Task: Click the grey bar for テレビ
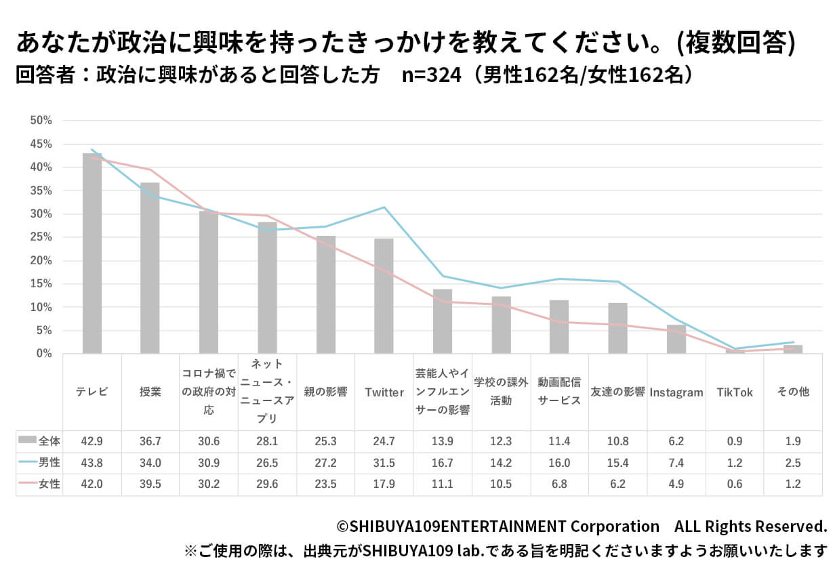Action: (x=92, y=253)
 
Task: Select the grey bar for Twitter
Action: (x=384, y=296)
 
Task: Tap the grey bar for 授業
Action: (x=150, y=268)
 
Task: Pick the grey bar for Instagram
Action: (x=676, y=339)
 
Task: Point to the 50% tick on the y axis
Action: (x=41, y=121)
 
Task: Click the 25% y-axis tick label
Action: (x=41, y=237)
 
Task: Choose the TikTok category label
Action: (x=735, y=392)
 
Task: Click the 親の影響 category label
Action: (x=326, y=392)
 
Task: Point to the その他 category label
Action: (x=793, y=392)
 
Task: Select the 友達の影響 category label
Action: (x=617, y=392)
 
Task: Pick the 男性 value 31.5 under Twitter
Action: (x=384, y=463)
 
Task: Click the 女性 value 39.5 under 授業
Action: (x=150, y=484)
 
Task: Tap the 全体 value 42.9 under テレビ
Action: (x=92, y=441)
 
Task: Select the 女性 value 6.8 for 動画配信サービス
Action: (x=559, y=484)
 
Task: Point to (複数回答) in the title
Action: (x=738, y=43)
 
